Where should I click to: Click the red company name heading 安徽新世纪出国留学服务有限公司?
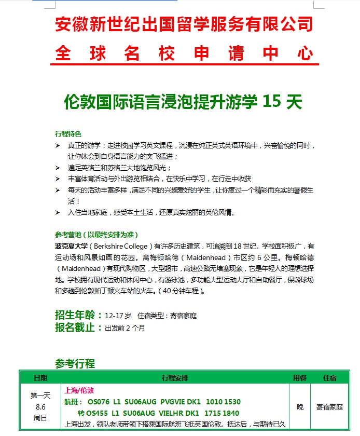click(184, 24)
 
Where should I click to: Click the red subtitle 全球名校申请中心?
click(184, 53)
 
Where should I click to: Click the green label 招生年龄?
click(76, 315)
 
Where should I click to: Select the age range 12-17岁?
click(118, 316)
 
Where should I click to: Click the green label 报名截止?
click(76, 328)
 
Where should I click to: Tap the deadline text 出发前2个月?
click(125, 328)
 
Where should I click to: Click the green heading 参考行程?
click(75, 363)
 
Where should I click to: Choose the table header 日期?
click(40, 377)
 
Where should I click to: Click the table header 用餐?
click(300, 377)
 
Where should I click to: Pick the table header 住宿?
click(329, 377)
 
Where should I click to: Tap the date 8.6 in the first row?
click(40, 407)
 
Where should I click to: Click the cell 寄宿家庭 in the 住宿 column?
click(329, 407)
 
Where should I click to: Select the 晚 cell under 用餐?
click(300, 407)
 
